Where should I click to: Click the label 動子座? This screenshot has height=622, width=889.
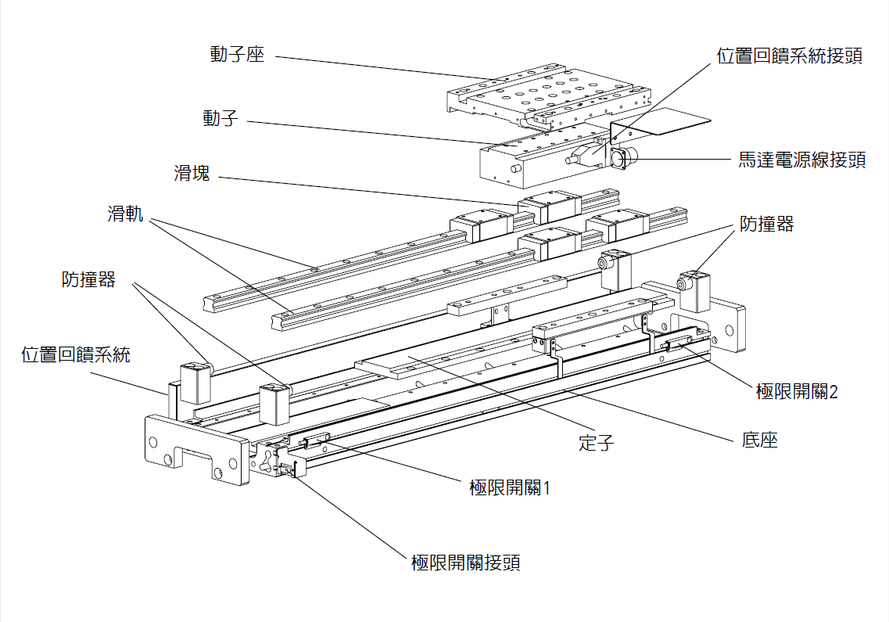coord(237,55)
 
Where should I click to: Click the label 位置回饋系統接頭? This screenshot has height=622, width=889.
coord(790,56)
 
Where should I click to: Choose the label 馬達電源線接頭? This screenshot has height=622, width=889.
coord(802,160)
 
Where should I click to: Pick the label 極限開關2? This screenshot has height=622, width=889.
coord(797,392)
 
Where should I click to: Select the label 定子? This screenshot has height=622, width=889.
coord(596,443)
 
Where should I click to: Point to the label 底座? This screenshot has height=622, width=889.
coord(759,440)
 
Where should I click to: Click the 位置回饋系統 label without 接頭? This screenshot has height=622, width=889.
coord(75,354)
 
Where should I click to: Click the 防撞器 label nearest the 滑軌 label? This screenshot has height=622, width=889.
coord(88,279)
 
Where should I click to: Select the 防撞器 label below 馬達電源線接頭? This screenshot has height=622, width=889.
coord(766,225)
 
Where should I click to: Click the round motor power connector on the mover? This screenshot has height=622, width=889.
coord(624,160)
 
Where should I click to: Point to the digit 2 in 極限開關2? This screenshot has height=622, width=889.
coord(833,392)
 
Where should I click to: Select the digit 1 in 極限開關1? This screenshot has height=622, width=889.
coord(547,488)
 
